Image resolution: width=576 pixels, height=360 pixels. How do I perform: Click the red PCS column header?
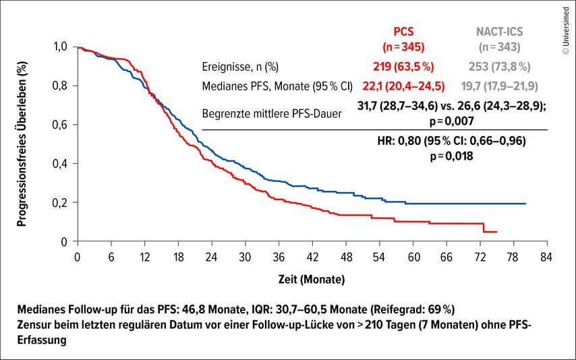click(404, 32)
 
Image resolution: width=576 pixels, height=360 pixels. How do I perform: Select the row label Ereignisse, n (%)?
click(240, 67)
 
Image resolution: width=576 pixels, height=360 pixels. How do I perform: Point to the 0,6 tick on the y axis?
click(62, 125)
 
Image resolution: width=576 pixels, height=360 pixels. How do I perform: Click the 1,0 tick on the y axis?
click(62, 47)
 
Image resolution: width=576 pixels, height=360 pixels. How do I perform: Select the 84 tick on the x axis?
click(547, 256)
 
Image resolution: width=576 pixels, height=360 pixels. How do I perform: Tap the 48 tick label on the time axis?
click(346, 256)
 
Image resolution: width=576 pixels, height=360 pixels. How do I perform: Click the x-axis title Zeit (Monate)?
click(312, 278)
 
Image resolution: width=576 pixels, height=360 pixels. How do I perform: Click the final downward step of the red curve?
click(484, 228)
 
